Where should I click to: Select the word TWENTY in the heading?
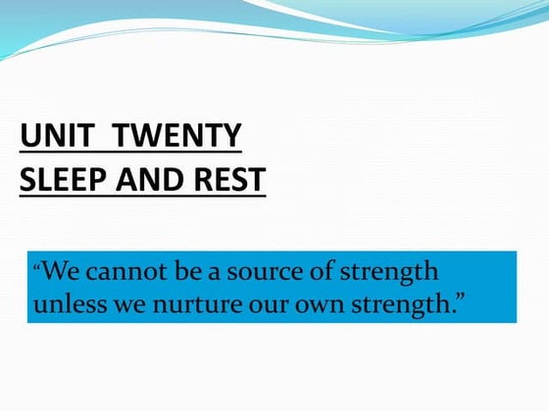point(175,136)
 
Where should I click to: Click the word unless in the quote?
point(66,304)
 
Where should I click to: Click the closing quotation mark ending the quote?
point(458,298)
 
